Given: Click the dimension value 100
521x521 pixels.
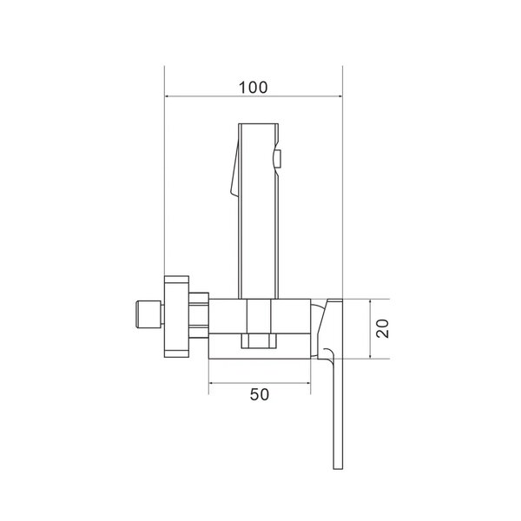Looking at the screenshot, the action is tap(253, 88).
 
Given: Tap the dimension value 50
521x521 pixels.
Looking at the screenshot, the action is tap(260, 394).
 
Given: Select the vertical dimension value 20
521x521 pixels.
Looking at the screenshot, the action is tap(382, 328).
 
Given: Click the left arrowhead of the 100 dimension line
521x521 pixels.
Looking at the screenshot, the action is tap(168, 96).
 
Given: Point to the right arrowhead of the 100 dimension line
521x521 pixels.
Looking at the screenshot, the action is tap(340, 96).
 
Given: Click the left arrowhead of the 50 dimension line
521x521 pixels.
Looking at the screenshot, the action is tap(211, 383).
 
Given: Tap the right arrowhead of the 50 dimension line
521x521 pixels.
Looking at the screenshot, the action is tap(307, 383).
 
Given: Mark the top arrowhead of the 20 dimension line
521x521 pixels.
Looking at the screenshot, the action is tap(371, 301).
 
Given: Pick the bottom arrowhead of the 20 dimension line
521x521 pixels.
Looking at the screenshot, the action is tap(371, 356).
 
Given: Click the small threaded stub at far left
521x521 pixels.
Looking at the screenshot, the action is tap(148, 314).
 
